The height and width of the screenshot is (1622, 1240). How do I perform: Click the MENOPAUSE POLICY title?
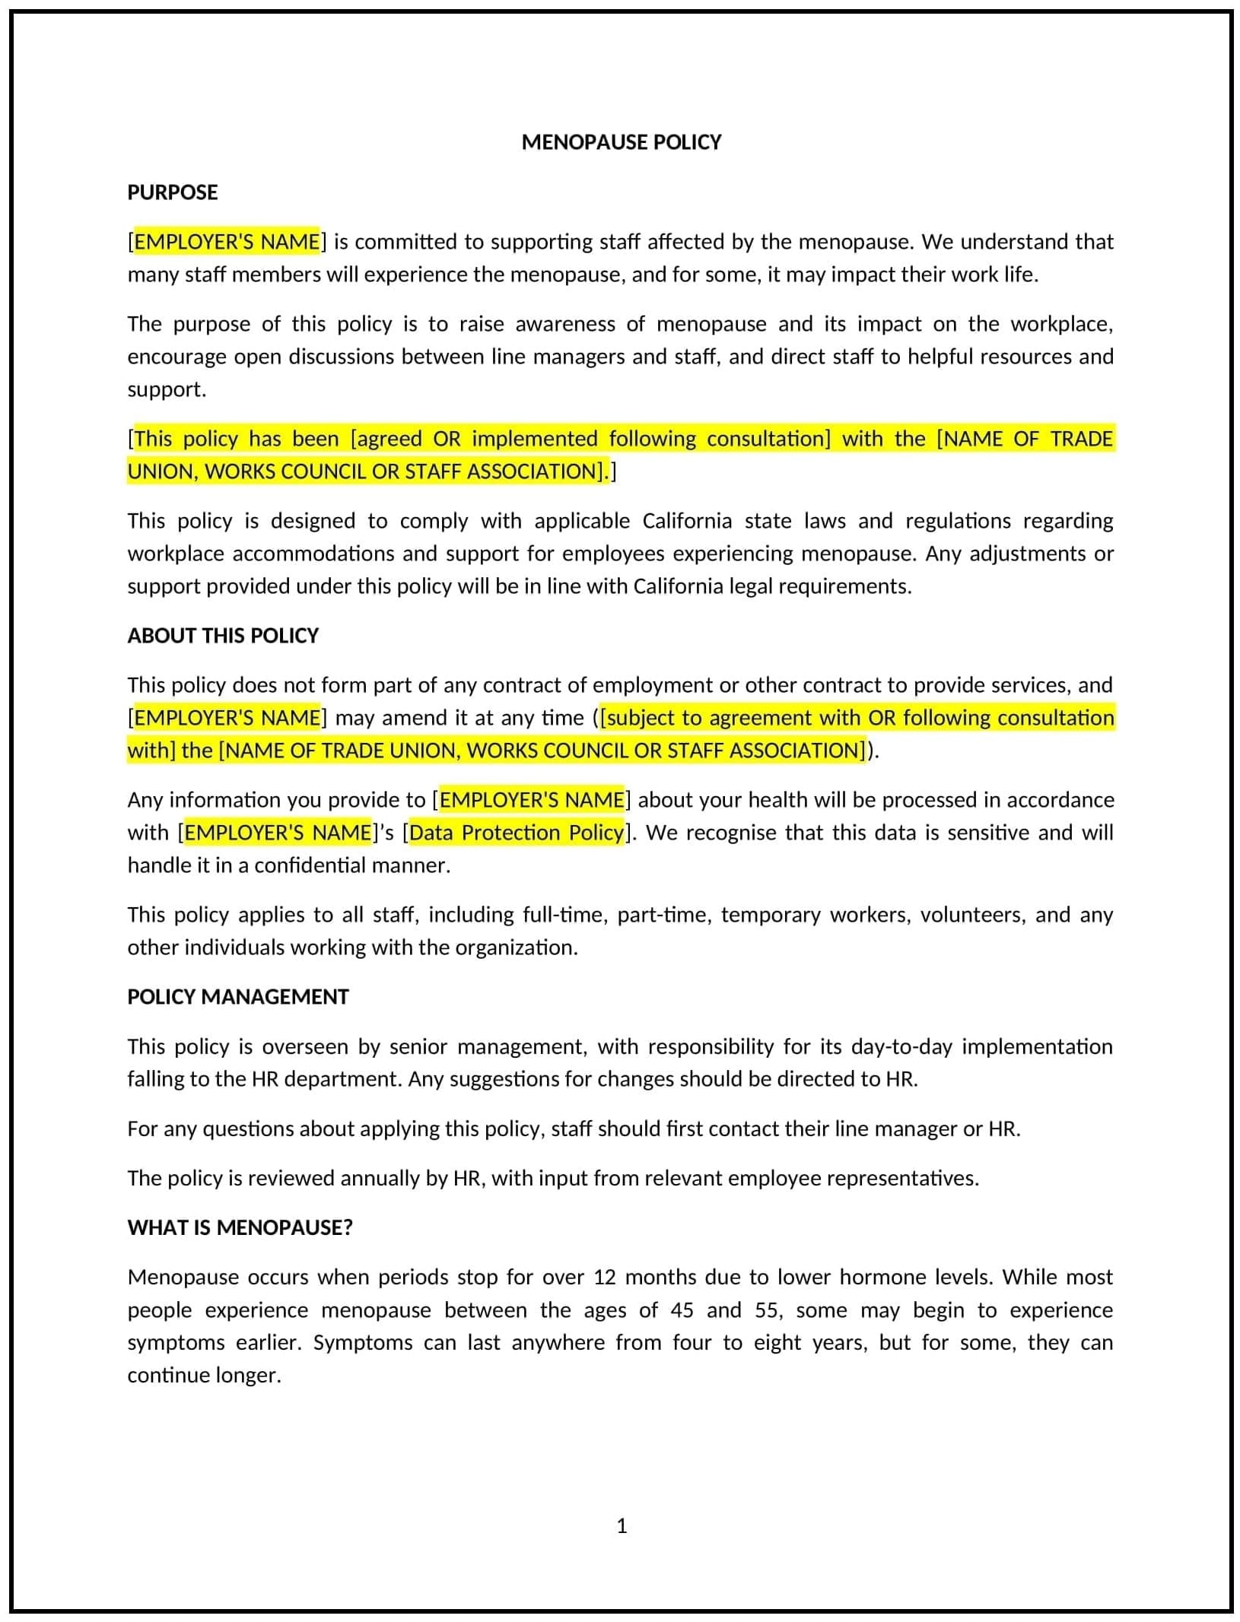tap(621, 142)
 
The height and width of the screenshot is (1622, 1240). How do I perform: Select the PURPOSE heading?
tap(172, 192)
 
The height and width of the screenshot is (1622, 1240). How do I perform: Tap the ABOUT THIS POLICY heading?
tap(222, 636)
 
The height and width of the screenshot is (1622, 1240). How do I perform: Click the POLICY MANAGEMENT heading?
tap(237, 997)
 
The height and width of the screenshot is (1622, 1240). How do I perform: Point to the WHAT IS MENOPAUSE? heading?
tap(240, 1227)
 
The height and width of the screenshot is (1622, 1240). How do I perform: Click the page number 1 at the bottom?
tap(622, 1525)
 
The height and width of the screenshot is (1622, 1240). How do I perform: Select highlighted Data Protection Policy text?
tap(517, 833)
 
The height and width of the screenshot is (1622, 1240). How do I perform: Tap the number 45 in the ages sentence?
tap(682, 1310)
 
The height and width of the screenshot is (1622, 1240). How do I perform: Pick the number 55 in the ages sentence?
tap(768, 1310)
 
